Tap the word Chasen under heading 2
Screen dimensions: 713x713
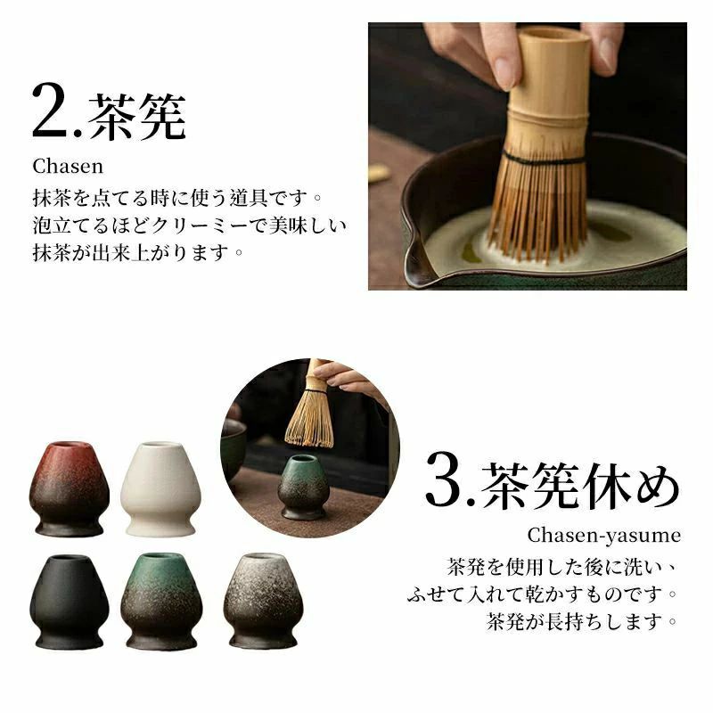click(68, 167)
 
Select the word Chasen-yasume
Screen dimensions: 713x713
click(604, 536)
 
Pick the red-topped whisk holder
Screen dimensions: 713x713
click(70, 488)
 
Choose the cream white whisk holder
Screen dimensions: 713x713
click(160, 488)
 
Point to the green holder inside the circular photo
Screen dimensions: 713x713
click(303, 487)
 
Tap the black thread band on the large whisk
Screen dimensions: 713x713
click(544, 159)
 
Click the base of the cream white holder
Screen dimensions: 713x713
click(160, 528)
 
